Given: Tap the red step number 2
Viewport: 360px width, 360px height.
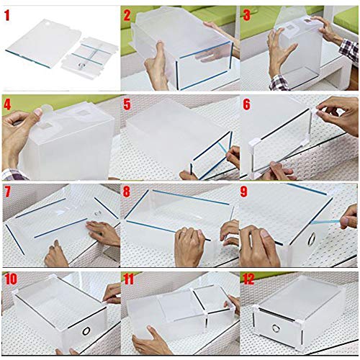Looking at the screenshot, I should (x=127, y=14).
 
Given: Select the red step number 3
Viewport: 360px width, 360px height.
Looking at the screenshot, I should (x=247, y=14).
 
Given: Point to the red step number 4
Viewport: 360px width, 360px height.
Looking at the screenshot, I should (x=7, y=104).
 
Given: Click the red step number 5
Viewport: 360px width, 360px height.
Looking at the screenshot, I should (x=127, y=104).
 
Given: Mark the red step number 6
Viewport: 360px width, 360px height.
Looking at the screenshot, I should (x=247, y=104).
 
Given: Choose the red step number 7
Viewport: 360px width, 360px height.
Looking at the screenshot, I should (x=7, y=192).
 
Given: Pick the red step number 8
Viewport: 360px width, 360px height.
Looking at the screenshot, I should (x=127, y=192).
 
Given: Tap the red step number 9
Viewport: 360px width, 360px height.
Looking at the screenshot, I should (x=247, y=192).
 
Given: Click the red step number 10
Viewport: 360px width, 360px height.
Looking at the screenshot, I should (x=10, y=279).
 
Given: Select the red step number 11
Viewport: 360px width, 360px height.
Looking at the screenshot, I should (x=130, y=279).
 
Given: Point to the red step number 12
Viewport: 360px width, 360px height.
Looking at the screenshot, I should (x=250, y=279).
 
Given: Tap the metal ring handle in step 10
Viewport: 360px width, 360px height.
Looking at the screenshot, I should (x=86, y=330).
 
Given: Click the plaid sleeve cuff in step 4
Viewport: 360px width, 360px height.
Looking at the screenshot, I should (x=10, y=173).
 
